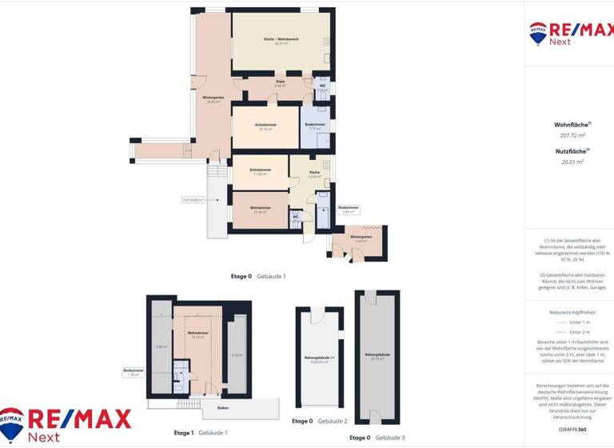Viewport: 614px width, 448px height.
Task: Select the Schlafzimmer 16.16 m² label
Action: coord(265,126)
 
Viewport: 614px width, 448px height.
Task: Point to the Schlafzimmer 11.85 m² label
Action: coord(260,171)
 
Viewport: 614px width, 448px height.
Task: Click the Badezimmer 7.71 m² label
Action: coord(314,126)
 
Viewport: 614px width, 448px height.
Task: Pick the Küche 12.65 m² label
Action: coord(314,174)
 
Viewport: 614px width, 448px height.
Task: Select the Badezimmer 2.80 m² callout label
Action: coord(349,210)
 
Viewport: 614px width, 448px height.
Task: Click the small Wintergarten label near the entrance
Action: coord(361,238)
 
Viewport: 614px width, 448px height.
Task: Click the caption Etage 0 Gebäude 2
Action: coord(320,421)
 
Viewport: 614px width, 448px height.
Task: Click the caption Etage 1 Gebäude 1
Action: coord(201,433)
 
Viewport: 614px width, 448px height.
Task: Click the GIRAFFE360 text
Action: coord(568,430)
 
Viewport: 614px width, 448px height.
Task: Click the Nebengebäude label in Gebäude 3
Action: coord(376,355)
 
